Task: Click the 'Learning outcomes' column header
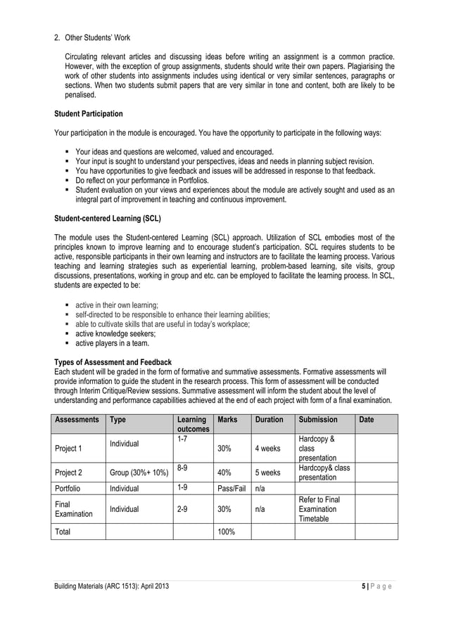pyautogui.click(x=191, y=424)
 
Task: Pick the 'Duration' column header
pyautogui.click(x=270, y=420)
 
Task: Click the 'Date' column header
pyautogui.click(x=367, y=420)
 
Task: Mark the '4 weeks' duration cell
pyautogui.click(x=268, y=448)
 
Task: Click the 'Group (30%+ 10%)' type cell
pyautogui.click(x=137, y=473)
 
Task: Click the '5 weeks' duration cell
pyautogui.click(x=268, y=473)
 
